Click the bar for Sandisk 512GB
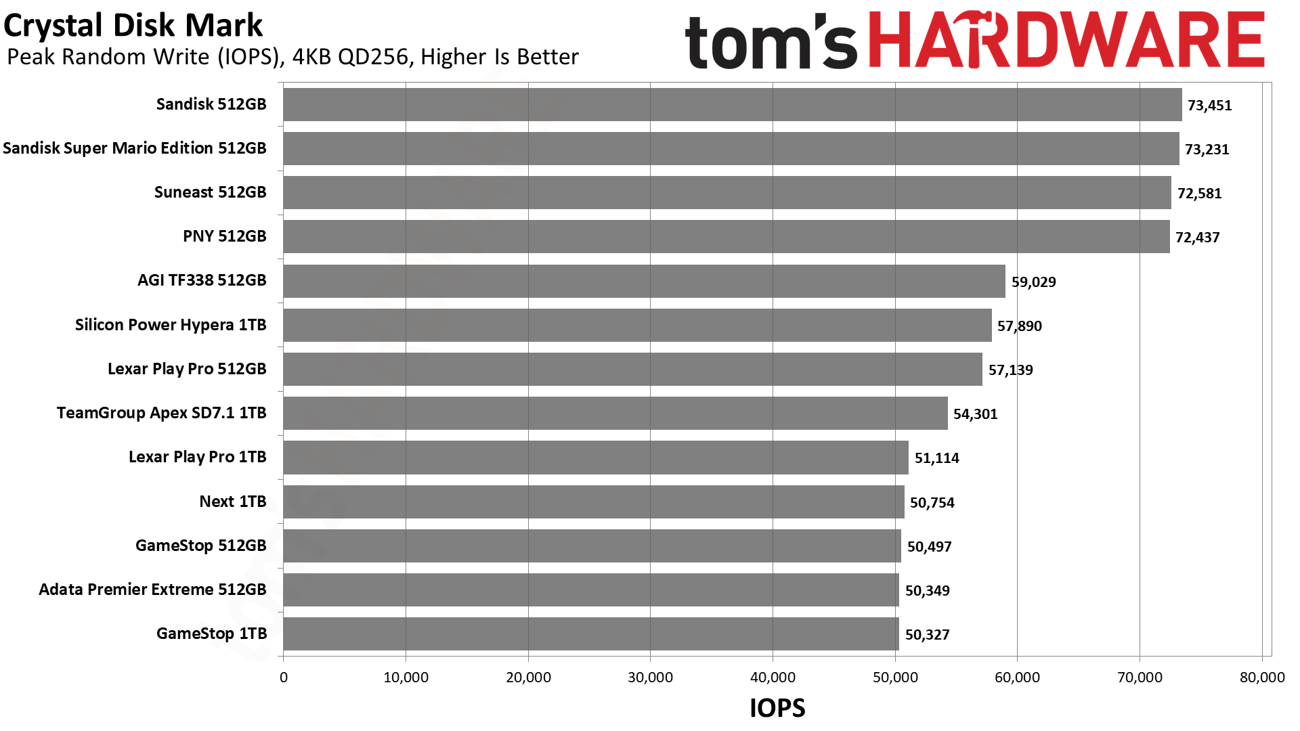click(733, 104)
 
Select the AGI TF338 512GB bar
click(645, 281)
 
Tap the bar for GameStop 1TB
click(591, 634)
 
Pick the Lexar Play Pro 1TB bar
click(596, 458)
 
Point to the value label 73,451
click(1210, 106)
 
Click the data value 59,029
click(1034, 282)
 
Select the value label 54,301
click(976, 414)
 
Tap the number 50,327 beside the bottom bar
click(928, 635)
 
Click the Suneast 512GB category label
click(211, 192)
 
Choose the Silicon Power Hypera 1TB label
click(171, 325)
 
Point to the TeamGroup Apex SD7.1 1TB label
click(162, 413)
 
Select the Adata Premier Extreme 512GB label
click(153, 590)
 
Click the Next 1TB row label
click(233, 502)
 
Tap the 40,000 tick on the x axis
click(773, 678)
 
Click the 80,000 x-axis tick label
click(1262, 678)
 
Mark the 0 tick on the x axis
click(284, 678)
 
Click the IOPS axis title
click(777, 708)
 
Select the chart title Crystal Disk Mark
click(133, 26)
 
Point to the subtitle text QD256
click(374, 57)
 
